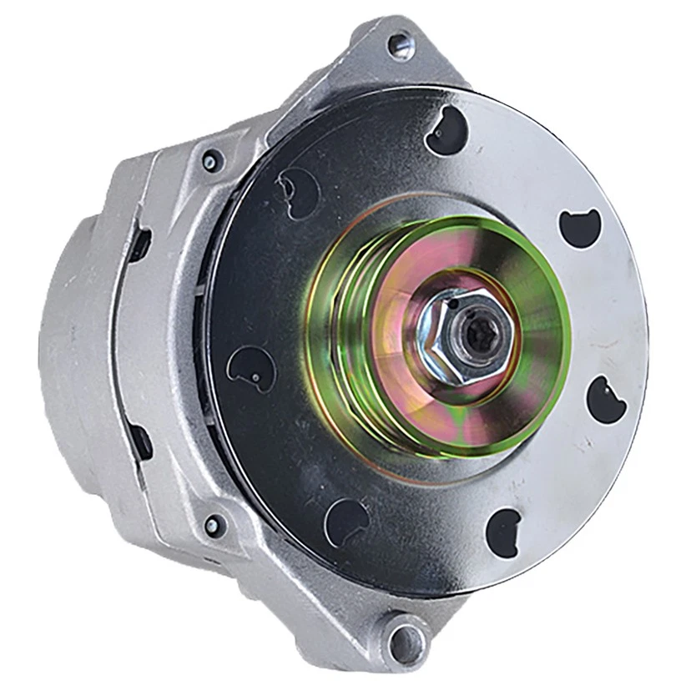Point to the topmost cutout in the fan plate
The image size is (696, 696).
pyautogui.click(x=446, y=131)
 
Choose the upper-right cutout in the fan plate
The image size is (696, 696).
pyautogui.click(x=579, y=227)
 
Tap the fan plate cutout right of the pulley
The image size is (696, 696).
pyautogui.click(x=607, y=399)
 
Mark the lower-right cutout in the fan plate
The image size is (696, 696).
pyautogui.click(x=504, y=527)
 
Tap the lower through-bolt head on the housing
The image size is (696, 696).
pyautogui.click(x=214, y=524)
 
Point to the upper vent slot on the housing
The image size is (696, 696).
pyautogui.click(x=139, y=245)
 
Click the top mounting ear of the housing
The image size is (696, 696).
pyautogui.click(x=392, y=58)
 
